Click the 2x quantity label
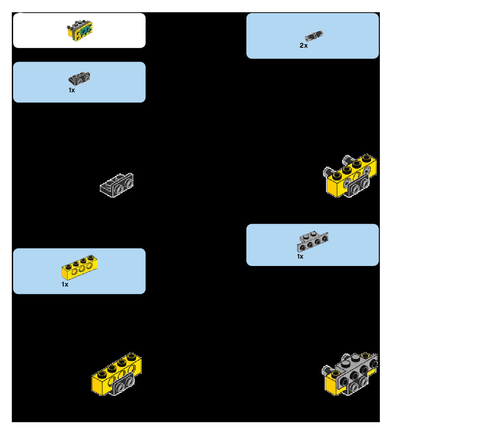pos(304,45)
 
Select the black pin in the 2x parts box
pos(314,35)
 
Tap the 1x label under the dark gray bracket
pos(72,90)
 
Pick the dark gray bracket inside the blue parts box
pos(80,78)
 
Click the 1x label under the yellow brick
pos(65,284)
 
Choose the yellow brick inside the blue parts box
pos(79,266)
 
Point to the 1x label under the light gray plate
pos(300,256)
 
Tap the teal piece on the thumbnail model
pos(86,31)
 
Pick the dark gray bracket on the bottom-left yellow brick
pos(123,383)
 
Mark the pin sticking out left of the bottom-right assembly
pos(326,371)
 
